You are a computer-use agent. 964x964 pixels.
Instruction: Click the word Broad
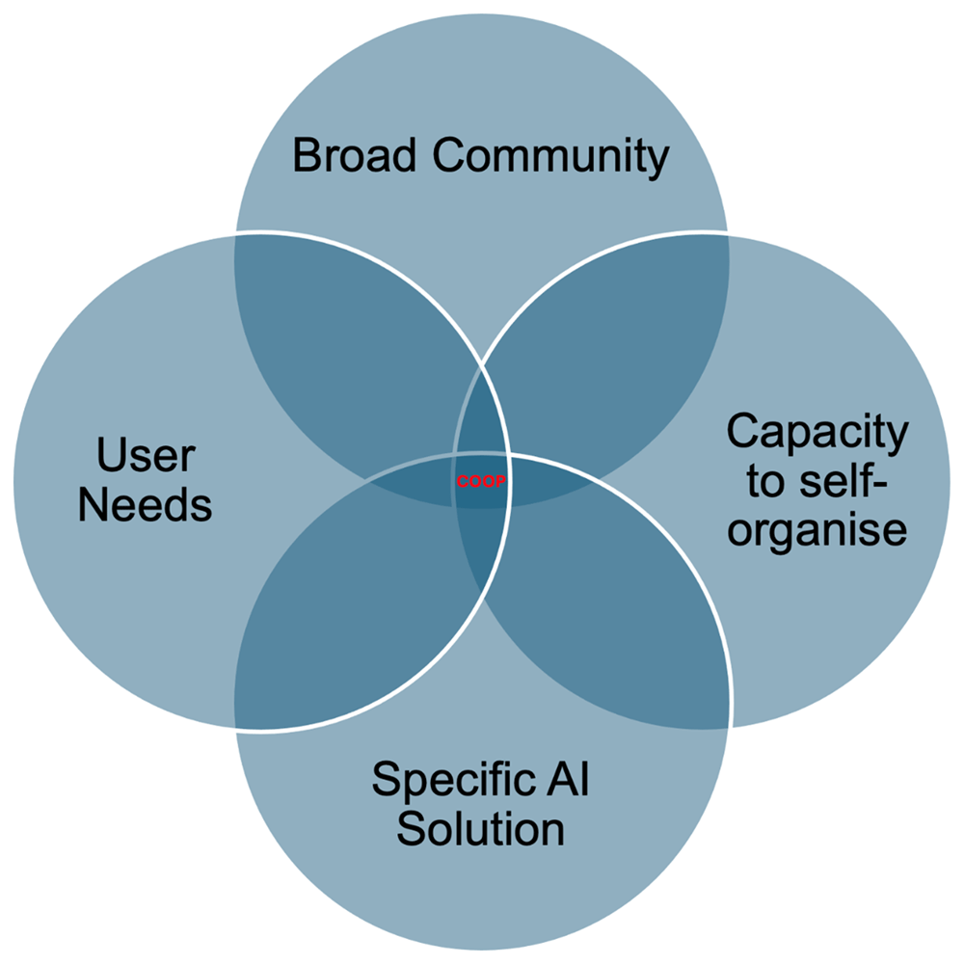click(x=354, y=155)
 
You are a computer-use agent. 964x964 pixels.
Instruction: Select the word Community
click(x=550, y=159)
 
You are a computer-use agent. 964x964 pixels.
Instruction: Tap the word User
click(x=146, y=456)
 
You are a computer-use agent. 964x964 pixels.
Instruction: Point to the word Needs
click(x=146, y=505)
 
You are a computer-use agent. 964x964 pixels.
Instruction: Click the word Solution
click(x=481, y=829)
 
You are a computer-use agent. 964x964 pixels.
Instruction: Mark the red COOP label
click(x=481, y=481)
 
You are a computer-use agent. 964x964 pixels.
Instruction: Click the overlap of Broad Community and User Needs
click(x=351, y=344)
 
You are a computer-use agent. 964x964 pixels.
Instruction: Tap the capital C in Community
click(x=449, y=155)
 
